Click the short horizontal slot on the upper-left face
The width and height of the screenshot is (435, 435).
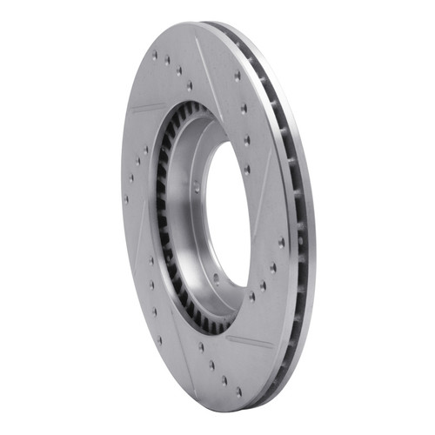pyautogui.click(x=150, y=110)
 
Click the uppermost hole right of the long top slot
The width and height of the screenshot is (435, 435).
pyautogui.click(x=238, y=77)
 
